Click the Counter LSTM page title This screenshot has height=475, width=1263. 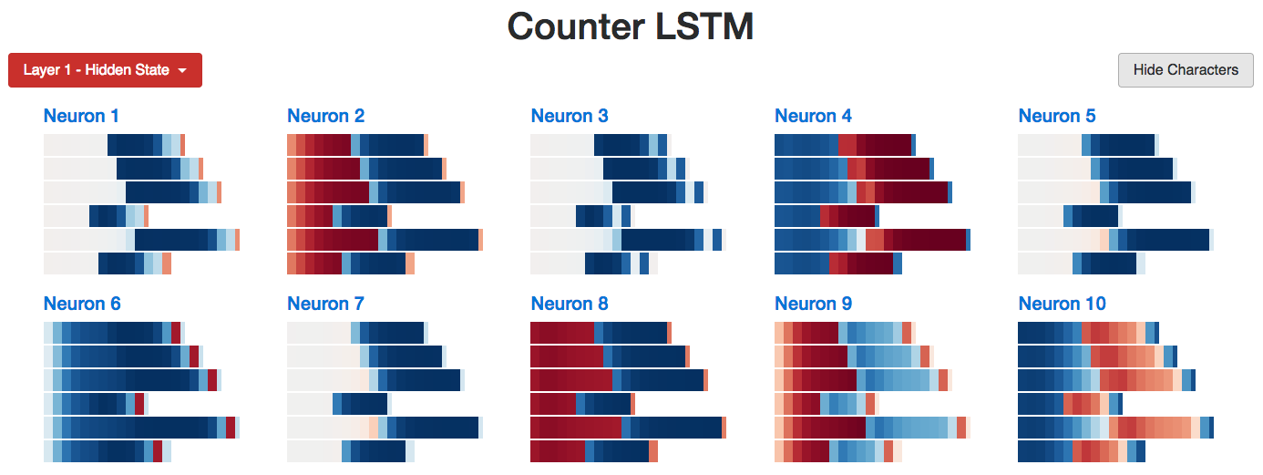(631, 26)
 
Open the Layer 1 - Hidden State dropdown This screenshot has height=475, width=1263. (105, 70)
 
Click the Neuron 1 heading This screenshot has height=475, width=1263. (81, 116)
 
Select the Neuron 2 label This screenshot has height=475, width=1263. (325, 116)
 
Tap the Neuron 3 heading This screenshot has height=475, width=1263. (570, 116)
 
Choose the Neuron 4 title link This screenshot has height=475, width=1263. (813, 116)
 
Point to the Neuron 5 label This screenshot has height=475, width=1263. (1057, 116)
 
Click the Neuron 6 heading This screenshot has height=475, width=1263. (81, 304)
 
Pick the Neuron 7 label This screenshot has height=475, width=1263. (325, 304)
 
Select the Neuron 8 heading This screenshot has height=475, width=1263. (570, 304)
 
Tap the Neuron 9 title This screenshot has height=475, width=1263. (813, 304)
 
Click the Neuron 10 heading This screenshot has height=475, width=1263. (1063, 304)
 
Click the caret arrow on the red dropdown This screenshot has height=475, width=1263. (182, 71)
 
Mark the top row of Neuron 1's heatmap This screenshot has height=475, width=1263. (114, 145)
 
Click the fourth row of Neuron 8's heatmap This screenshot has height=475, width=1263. (582, 404)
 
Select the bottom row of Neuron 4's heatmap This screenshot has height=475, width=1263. (838, 263)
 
